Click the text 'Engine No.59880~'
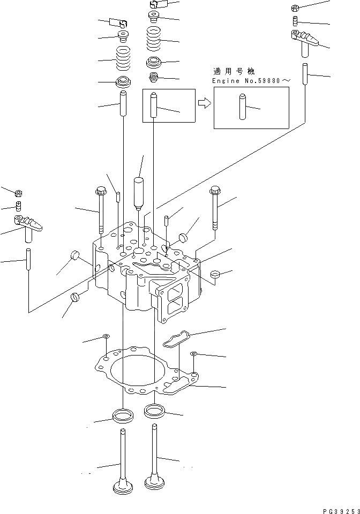pos(251,80)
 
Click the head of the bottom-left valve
pos(123,488)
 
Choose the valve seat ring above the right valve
pos(154,412)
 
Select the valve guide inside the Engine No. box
pos(242,108)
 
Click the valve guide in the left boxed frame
pos(155,105)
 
